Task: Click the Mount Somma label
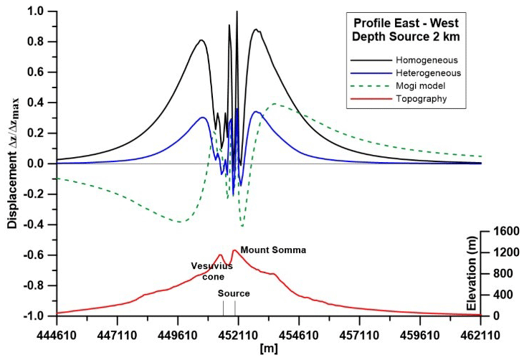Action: point(273,250)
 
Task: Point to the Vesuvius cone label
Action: point(211,270)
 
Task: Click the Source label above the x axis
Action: point(234,293)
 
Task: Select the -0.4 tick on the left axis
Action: point(34,224)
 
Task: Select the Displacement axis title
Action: point(12,163)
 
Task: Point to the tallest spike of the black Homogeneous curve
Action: point(237,13)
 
